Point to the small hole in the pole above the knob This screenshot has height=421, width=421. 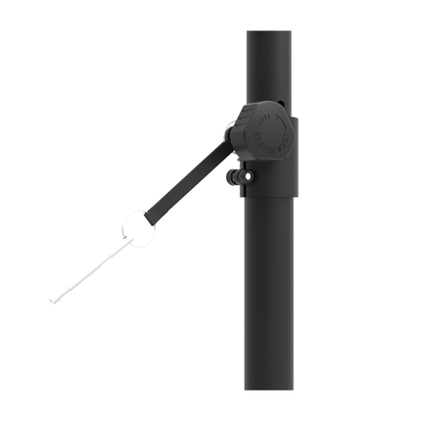pos(280,101)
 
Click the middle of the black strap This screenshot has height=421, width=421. pos(186,186)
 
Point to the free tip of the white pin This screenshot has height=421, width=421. pos(51,300)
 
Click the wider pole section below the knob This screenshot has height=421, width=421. pos(269,294)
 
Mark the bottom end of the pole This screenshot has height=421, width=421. pos(269,387)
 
